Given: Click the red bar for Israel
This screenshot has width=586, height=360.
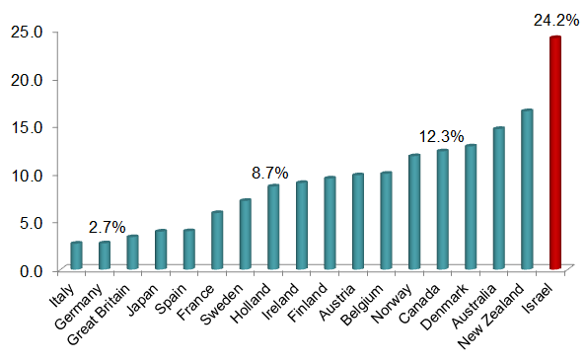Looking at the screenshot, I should (555, 153).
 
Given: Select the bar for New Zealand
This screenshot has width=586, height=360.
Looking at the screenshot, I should (527, 189).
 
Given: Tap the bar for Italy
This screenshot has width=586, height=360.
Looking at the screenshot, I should (76, 255).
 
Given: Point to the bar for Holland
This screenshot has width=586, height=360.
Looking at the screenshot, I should (273, 227).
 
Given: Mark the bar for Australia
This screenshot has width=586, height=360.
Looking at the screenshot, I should (498, 198).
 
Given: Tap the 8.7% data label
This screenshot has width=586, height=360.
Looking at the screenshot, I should (270, 172).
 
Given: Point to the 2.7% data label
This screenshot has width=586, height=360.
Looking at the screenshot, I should (107, 227).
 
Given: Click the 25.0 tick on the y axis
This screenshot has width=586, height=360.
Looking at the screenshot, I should (27, 32).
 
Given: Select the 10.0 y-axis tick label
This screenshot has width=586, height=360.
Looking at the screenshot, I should (27, 175).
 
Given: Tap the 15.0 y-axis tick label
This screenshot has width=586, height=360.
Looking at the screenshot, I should (27, 127).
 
